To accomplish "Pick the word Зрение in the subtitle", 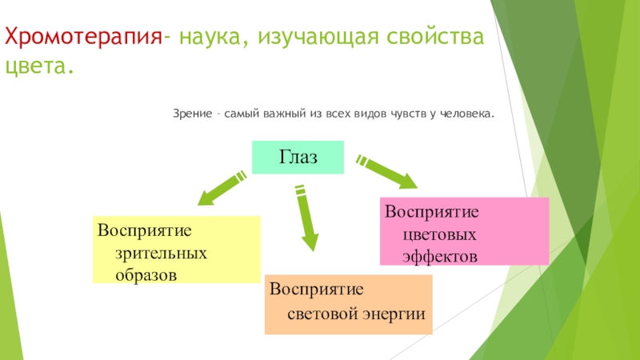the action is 193,114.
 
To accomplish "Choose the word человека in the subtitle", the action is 467,114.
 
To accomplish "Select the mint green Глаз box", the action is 298,157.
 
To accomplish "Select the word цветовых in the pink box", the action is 442,237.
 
